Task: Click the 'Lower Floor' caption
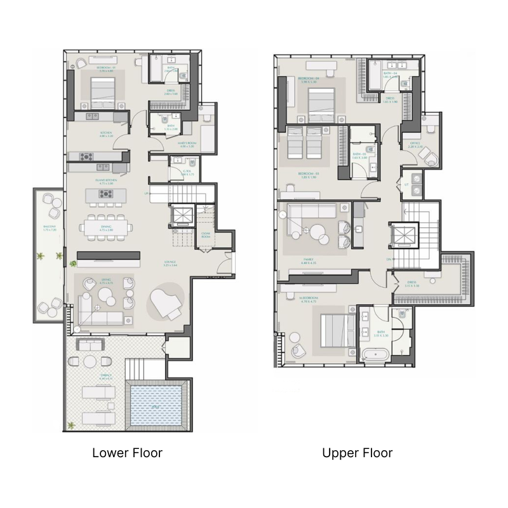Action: point(127,453)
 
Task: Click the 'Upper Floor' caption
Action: point(357,453)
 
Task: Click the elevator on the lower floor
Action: point(182,216)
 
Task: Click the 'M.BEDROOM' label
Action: point(306,297)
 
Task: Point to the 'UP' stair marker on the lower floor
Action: point(147,194)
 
